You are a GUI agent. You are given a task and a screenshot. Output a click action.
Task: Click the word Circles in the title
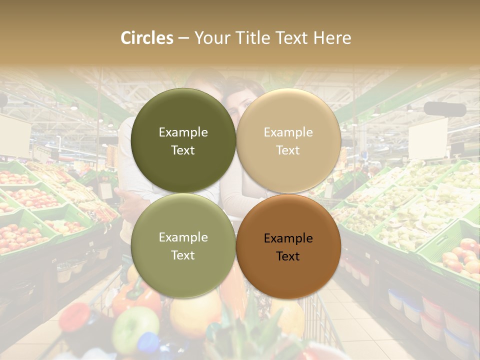pyautogui.click(x=147, y=38)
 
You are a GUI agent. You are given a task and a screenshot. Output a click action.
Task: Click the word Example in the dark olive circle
pyautogui.click(x=183, y=132)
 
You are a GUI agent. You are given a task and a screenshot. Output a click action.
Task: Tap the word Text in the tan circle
pyautogui.click(x=288, y=150)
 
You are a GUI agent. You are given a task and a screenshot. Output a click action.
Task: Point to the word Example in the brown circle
pyautogui.click(x=288, y=238)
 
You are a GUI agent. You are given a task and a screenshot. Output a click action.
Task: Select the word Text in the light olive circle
pyautogui.click(x=183, y=255)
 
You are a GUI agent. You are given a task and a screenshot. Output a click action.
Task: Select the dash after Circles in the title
pyautogui.click(x=183, y=38)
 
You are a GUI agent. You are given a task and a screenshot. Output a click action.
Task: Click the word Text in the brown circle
pyautogui.click(x=288, y=256)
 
